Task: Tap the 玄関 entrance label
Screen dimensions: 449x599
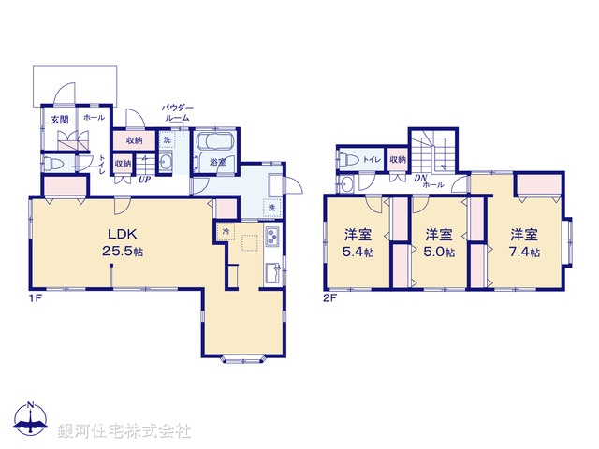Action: pyautogui.click(x=58, y=119)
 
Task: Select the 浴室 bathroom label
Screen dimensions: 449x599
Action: pyautogui.click(x=218, y=162)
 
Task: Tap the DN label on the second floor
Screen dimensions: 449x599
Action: pyautogui.click(x=421, y=178)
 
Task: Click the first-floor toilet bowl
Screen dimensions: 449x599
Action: pyautogui.click(x=54, y=163)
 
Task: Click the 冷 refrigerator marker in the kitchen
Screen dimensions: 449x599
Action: pyautogui.click(x=226, y=229)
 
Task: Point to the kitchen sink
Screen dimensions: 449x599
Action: pyautogui.click(x=271, y=273)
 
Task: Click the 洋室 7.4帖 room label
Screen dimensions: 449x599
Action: pyautogui.click(x=523, y=242)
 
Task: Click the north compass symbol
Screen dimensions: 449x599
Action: pyautogui.click(x=31, y=424)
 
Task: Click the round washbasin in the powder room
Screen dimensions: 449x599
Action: pyautogui.click(x=167, y=163)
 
